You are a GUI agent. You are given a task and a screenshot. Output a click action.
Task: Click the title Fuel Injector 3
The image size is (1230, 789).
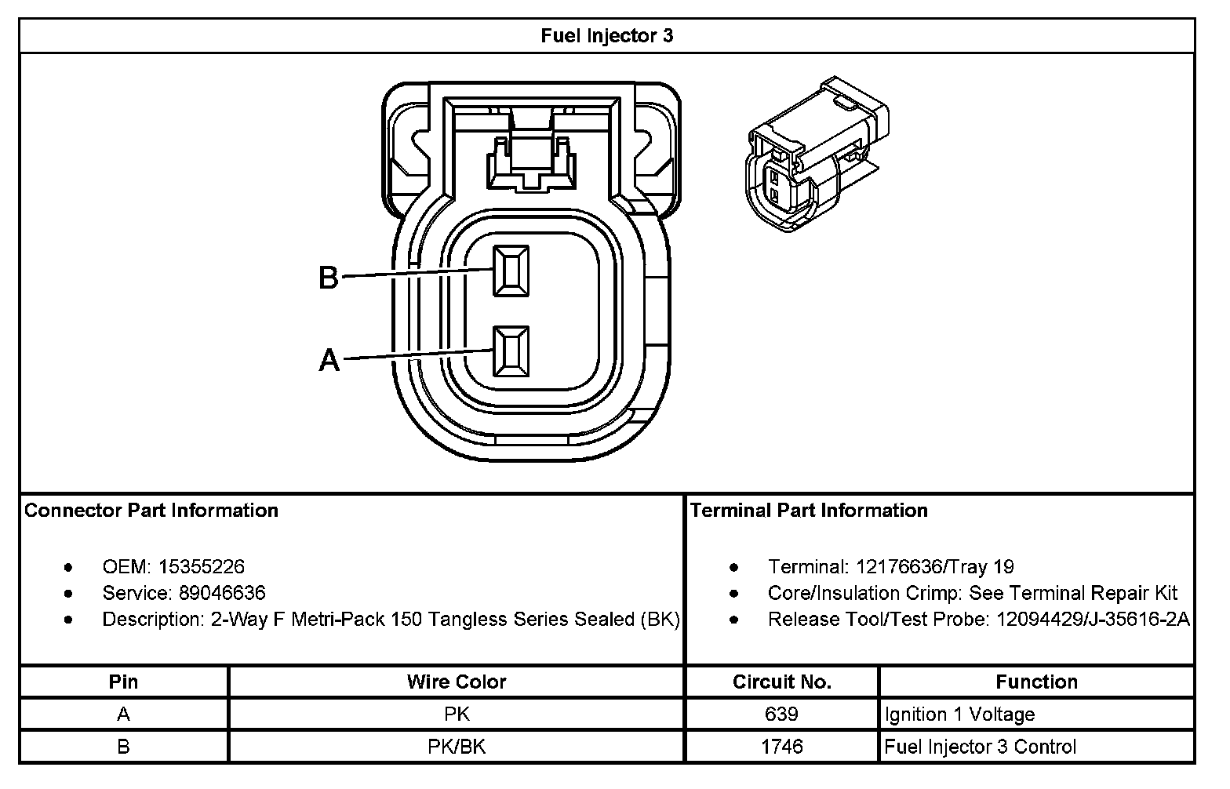(x=606, y=36)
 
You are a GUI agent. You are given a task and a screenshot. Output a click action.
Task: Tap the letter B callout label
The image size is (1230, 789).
(x=328, y=278)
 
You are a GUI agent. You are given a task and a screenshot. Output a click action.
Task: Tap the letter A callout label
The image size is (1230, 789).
(x=329, y=361)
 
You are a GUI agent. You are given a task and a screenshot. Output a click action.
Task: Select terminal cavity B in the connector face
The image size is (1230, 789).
(x=511, y=271)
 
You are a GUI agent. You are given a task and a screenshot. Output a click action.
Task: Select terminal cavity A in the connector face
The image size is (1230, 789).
(x=511, y=351)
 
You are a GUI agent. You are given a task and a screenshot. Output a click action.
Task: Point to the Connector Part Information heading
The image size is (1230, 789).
(x=151, y=511)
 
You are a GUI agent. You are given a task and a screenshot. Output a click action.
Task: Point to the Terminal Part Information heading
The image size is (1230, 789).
(x=809, y=511)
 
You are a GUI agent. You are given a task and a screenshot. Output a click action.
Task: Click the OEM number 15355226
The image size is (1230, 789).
(x=202, y=566)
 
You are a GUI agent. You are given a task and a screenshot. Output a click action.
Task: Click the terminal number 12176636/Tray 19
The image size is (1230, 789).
(x=935, y=566)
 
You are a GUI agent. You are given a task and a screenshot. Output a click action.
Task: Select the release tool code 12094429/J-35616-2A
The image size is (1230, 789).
(x=1093, y=620)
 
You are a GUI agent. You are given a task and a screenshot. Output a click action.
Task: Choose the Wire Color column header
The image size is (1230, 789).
(x=457, y=682)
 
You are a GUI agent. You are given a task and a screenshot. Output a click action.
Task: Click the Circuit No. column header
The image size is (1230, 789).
(x=781, y=682)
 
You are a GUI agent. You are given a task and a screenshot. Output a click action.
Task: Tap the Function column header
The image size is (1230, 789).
(x=1036, y=682)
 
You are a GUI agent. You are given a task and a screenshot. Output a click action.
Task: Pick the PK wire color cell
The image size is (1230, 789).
(x=457, y=714)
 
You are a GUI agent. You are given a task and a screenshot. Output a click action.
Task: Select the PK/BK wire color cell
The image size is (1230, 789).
(x=457, y=747)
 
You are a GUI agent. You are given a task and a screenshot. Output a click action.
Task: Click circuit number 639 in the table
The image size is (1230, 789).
(x=781, y=714)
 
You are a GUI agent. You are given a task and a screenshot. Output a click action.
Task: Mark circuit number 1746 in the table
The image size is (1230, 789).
(x=781, y=747)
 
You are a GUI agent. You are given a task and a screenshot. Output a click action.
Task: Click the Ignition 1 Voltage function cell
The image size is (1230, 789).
(x=959, y=714)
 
